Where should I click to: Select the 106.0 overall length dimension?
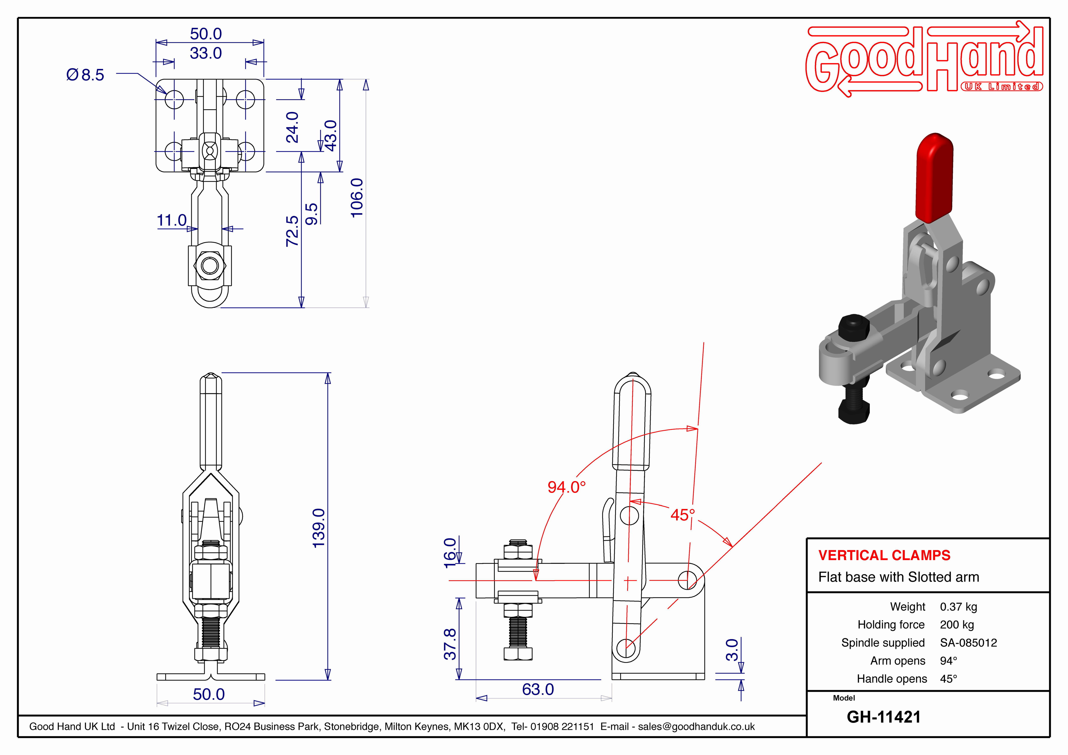pos(357,198)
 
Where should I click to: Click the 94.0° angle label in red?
pos(566,487)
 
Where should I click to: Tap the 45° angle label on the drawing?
pos(682,515)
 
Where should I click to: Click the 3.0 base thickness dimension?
pos(732,650)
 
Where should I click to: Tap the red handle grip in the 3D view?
pos(934,178)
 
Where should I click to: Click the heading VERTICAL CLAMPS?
pos(884,555)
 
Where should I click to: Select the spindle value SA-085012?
pos(969,643)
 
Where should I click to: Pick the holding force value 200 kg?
pos(957,625)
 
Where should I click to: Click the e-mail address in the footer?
pos(696,727)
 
